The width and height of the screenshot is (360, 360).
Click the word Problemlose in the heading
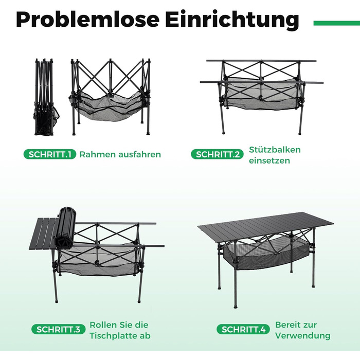[87, 20]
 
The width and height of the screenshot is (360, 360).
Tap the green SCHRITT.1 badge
[50, 154]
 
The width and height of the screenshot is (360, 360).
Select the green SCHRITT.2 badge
[217, 154]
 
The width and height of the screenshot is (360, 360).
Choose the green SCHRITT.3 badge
[58, 330]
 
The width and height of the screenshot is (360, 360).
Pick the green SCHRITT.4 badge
[243, 330]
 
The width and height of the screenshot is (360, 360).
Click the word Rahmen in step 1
[97, 154]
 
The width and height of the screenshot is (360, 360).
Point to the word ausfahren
[139, 154]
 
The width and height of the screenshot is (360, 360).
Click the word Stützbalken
[275, 150]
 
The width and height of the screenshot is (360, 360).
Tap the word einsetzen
[269, 160]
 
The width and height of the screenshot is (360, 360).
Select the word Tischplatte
[112, 336]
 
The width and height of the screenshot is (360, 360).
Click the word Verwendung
[302, 336]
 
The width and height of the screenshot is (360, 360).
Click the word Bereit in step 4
[287, 325]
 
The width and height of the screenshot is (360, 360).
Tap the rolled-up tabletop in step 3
[65, 227]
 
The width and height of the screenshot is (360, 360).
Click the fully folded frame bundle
[46, 97]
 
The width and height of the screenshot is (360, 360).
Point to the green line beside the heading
[336, 23]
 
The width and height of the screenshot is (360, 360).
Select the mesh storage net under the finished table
[264, 251]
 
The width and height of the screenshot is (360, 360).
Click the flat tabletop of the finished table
[266, 226]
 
